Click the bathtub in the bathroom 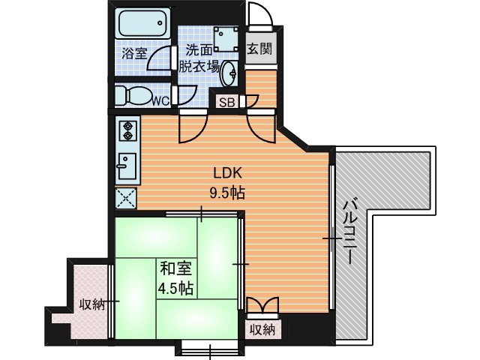142,23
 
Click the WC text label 160,100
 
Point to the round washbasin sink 229,73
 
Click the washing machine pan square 226,39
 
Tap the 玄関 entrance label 259,48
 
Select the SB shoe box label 227,103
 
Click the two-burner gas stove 127,130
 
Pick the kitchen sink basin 127,166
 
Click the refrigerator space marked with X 126,198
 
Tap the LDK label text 227,173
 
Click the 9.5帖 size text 226,193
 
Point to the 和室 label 175,268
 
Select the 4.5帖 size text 175,288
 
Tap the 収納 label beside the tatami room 92,305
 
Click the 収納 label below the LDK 262,330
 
